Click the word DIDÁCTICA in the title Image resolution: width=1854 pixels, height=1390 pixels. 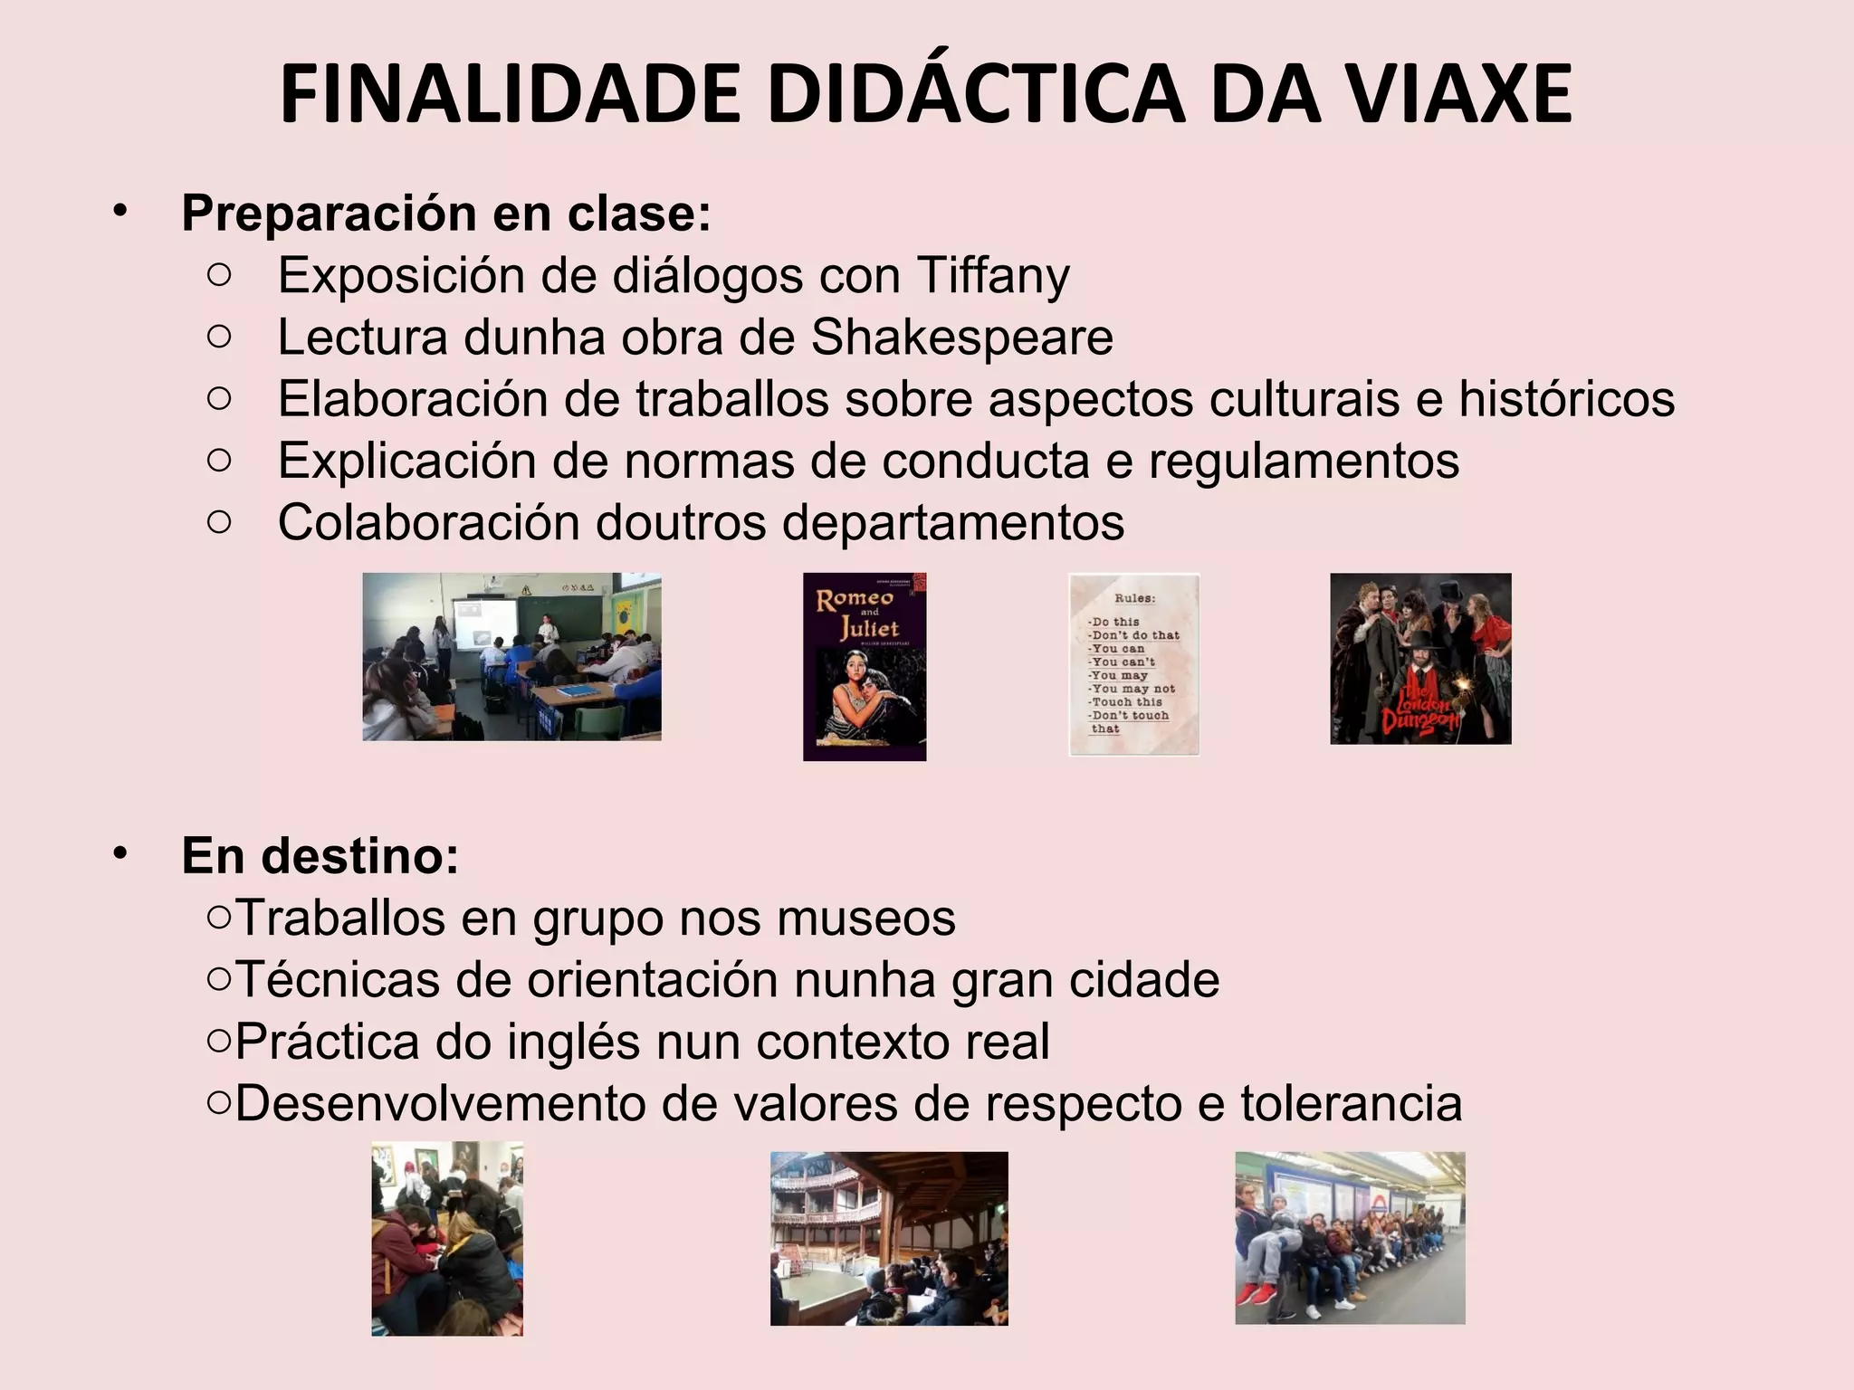pyautogui.click(x=975, y=94)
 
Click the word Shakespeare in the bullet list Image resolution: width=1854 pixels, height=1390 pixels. pyautogui.click(x=961, y=337)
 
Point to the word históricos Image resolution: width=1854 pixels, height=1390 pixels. pyautogui.click(x=1566, y=398)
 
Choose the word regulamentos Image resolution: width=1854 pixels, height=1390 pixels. pyautogui.click(x=1304, y=460)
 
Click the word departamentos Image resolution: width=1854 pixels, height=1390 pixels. pyautogui.click(x=952, y=522)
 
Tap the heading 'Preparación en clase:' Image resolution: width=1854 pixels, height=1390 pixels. pyautogui.click(x=446, y=214)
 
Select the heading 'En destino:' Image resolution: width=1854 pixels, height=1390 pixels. pyautogui.click(x=320, y=855)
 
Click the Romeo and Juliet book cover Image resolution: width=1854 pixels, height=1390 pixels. pyautogui.click(x=865, y=666)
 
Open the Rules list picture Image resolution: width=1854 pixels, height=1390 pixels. pyautogui.click(x=1133, y=664)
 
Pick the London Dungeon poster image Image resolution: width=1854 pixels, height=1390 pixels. pyautogui.click(x=1420, y=659)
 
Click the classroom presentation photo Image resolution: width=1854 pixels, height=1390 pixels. pyautogui.click(x=511, y=656)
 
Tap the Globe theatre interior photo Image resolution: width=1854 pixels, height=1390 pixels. pyautogui.click(x=889, y=1238)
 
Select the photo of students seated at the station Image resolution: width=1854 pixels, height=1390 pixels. pyautogui.click(x=1350, y=1237)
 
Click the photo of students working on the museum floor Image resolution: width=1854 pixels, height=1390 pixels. pyautogui.click(x=447, y=1238)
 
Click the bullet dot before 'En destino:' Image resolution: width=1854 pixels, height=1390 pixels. pyautogui.click(x=121, y=853)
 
